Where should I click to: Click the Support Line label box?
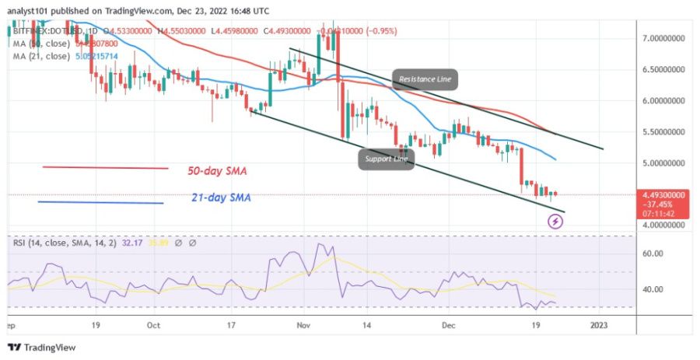coord(383,160)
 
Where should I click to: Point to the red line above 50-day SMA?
coord(105,167)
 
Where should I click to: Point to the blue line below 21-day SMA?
coord(101,202)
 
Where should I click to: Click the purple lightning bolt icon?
coord(556,222)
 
